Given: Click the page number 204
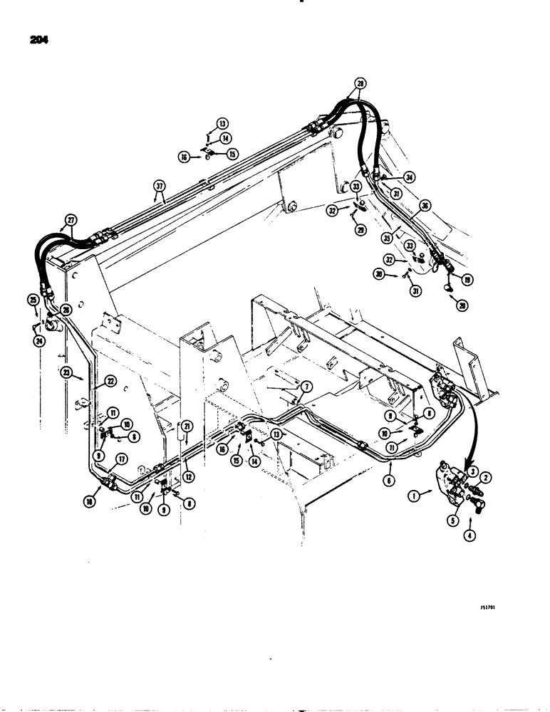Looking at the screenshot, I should [x=35, y=41].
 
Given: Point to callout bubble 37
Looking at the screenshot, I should [x=159, y=188].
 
